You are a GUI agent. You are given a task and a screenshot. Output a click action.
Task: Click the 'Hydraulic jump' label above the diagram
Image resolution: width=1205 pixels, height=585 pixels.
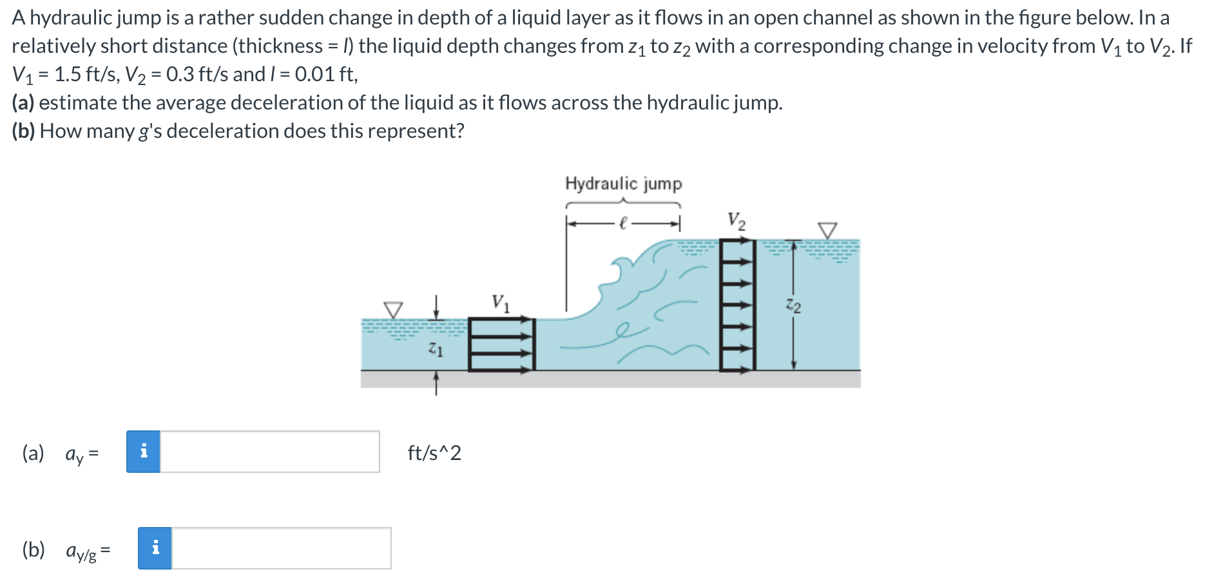pos(623,184)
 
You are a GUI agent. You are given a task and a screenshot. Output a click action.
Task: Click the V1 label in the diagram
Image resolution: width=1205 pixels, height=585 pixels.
pos(500,302)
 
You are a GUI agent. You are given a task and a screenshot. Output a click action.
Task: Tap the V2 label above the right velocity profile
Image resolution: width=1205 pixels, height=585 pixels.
pos(737,220)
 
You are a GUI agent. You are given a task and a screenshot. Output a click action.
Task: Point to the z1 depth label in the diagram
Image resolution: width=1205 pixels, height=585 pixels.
pos(436,350)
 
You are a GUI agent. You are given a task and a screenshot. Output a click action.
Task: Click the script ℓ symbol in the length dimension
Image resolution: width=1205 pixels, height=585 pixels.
pos(622,224)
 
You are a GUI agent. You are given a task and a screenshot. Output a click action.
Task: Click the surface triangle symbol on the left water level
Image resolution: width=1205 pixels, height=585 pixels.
pos(393,309)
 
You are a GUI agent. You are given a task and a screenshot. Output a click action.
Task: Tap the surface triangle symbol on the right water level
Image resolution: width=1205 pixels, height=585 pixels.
pos(827,230)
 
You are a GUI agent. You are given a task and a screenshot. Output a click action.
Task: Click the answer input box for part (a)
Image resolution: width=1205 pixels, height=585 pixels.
pos(269,452)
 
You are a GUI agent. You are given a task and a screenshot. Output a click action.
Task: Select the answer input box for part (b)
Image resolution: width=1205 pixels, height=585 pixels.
pos(281,548)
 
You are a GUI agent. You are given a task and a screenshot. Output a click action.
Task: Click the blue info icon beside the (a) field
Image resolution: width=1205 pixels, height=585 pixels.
pos(143,452)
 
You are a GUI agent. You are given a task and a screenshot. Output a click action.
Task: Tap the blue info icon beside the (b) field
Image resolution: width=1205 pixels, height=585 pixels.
pos(155,548)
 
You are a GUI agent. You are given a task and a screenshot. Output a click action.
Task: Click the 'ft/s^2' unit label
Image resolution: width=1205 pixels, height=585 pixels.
pos(434,453)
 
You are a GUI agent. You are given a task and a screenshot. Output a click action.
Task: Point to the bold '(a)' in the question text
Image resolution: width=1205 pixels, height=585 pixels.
pos(23,103)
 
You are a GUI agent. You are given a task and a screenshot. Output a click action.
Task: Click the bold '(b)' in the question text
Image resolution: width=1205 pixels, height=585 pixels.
pos(24,131)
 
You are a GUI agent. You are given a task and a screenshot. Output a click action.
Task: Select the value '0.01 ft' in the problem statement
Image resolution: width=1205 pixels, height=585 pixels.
pos(325,75)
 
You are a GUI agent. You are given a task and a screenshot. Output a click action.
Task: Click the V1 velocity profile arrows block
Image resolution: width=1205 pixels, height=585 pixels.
pos(502,344)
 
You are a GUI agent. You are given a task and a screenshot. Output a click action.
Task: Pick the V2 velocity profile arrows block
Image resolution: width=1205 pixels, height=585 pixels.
pos(737,305)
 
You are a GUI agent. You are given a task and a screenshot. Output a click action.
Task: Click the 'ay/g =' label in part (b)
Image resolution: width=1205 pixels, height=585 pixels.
pos(88,551)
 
